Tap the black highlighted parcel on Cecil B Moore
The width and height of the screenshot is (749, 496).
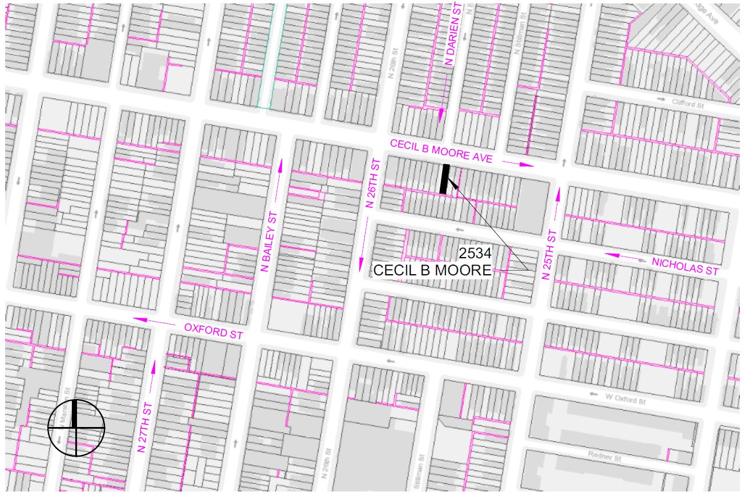pyautogui.click(x=445, y=179)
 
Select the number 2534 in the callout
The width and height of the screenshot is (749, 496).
pyautogui.click(x=475, y=253)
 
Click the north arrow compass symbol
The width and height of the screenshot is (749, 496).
pyautogui.click(x=76, y=428)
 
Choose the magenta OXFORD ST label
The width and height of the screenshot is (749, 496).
pyautogui.click(x=214, y=330)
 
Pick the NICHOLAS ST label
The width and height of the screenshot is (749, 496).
pyautogui.click(x=685, y=266)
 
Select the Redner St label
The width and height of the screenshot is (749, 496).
pyautogui.click(x=604, y=457)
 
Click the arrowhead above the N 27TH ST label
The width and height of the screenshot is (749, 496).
pyautogui.click(x=152, y=365)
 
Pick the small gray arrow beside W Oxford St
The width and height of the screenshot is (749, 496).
pyautogui.click(x=594, y=395)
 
